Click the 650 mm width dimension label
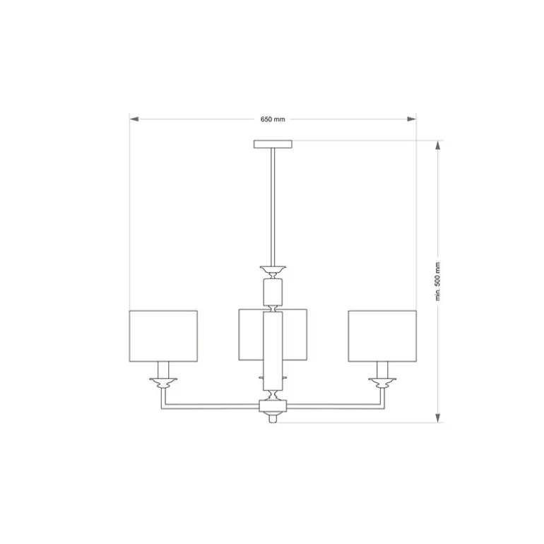[x=273, y=119]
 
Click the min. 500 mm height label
[x=437, y=281]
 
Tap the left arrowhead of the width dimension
[x=134, y=119]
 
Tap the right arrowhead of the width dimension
[x=411, y=119]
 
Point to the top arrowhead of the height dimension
[x=438, y=145]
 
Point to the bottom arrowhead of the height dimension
[x=438, y=418]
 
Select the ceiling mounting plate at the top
[x=273, y=144]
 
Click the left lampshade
[x=163, y=336]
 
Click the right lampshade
[x=382, y=336]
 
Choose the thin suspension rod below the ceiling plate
[x=273, y=207]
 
